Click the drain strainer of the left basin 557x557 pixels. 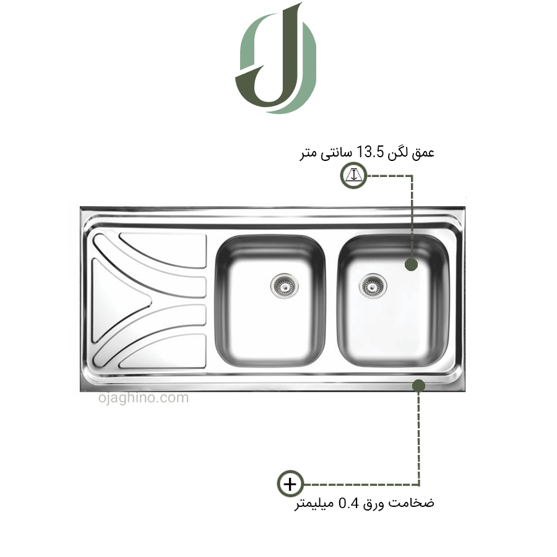[284, 285]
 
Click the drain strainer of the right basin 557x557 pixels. [373, 285]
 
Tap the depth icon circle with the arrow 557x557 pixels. [353, 176]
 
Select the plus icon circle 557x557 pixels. [290, 484]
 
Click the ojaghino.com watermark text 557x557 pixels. [144, 398]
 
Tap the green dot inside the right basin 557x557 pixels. [411, 264]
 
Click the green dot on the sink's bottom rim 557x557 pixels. [419, 386]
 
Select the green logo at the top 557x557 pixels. [275, 58]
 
